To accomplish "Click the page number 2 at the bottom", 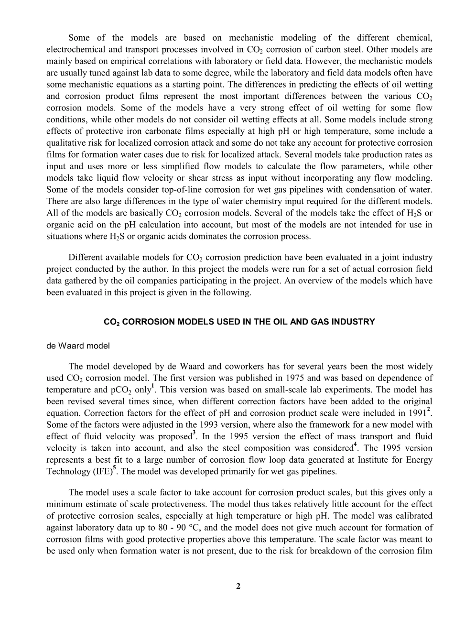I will (238, 587).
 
